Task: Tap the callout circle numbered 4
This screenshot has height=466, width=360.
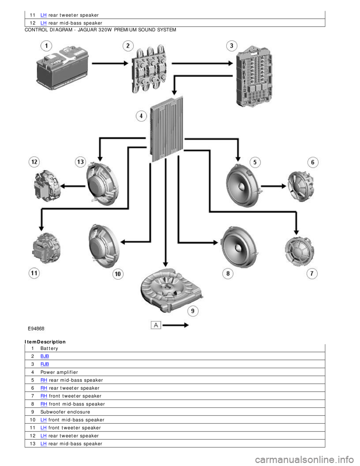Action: click(x=141, y=116)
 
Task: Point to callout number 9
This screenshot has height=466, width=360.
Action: click(x=193, y=311)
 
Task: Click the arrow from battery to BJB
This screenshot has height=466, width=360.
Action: click(x=110, y=63)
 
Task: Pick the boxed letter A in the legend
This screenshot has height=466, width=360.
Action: click(x=156, y=325)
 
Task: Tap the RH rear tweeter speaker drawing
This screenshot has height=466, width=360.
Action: click(x=301, y=186)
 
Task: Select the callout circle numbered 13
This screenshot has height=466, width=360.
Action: click(x=81, y=162)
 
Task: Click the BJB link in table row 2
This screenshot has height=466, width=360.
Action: click(x=45, y=356)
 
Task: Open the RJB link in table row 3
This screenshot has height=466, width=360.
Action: click(x=45, y=364)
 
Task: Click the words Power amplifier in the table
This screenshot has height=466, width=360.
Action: click(x=59, y=372)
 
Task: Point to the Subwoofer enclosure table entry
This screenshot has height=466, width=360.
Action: click(x=65, y=412)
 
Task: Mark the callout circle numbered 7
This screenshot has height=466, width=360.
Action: click(x=312, y=274)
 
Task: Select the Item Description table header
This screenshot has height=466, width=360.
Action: click(x=45, y=342)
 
